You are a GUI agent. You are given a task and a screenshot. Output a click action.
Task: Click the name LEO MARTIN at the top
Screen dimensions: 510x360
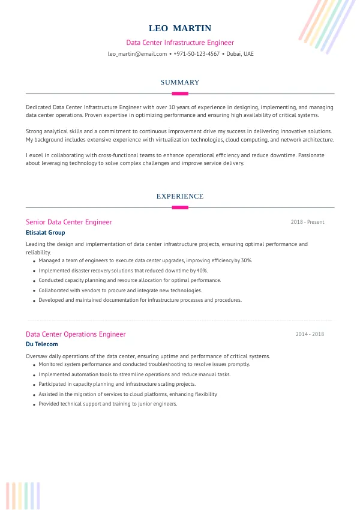180,29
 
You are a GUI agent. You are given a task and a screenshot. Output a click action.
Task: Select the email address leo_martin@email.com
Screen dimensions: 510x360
137,54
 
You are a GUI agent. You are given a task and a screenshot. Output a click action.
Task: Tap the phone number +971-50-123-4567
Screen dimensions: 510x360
196,54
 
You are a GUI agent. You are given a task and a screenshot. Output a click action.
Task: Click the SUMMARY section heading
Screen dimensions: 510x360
180,82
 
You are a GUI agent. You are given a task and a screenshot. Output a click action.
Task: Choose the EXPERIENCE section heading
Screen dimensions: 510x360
180,196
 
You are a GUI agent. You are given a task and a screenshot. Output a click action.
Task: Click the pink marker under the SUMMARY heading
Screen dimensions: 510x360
180,94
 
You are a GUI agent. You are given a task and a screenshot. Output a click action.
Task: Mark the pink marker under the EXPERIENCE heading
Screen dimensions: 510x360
180,208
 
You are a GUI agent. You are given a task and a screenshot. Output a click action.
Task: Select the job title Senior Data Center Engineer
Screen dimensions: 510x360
69,222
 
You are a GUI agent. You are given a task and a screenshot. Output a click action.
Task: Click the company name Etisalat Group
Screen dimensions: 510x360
46,232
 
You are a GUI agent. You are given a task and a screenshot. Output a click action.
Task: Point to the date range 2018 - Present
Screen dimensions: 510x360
307,222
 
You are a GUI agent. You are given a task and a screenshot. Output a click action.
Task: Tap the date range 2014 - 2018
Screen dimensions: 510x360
310,334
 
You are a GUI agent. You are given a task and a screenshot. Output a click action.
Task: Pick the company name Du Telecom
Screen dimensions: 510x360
42,344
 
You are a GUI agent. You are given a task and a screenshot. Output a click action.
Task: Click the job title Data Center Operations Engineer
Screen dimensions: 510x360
76,334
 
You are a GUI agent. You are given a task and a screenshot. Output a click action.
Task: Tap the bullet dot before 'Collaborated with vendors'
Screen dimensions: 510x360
34,291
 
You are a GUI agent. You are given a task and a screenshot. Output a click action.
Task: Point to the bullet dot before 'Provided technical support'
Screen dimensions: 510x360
34,405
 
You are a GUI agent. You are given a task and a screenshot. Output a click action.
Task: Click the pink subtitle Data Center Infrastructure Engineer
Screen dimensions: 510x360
180,43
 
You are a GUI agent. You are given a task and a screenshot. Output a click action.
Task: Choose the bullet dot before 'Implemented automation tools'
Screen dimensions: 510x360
34,375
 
